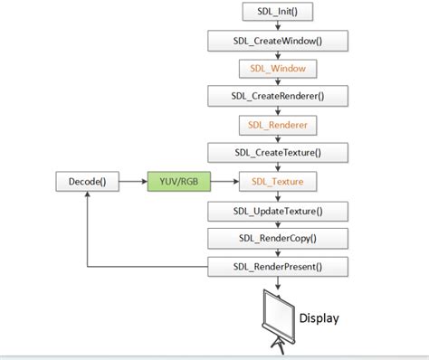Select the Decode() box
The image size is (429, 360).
coord(88,182)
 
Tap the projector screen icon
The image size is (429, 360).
coord(275,313)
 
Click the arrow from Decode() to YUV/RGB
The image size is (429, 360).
coord(134,182)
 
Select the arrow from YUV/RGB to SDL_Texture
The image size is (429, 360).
coord(225,182)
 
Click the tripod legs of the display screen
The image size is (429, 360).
coord(275,347)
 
